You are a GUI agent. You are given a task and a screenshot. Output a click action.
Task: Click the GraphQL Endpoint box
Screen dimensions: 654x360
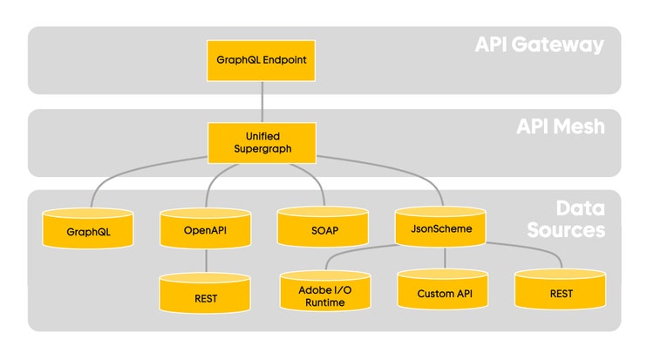(x=261, y=60)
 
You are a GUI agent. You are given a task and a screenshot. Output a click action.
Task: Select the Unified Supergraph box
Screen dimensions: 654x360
(x=262, y=143)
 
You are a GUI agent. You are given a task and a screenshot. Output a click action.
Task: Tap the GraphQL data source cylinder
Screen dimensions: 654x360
(x=88, y=228)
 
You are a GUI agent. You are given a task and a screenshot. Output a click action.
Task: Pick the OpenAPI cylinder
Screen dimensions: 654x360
(x=206, y=228)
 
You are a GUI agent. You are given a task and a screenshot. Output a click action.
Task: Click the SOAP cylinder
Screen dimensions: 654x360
(x=323, y=227)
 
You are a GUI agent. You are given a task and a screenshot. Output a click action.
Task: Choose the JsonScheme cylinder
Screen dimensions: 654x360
(x=440, y=226)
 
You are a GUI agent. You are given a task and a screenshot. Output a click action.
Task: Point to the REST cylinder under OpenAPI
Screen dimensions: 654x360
(x=205, y=293)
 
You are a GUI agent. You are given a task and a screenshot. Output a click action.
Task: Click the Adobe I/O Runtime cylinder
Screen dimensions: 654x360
(x=325, y=291)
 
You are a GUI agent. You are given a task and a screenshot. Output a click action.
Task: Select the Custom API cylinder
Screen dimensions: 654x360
(x=443, y=289)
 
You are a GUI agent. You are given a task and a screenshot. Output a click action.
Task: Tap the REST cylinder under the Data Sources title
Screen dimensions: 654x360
(x=561, y=289)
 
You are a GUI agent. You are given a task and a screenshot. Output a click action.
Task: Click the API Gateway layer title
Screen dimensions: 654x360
(x=540, y=44)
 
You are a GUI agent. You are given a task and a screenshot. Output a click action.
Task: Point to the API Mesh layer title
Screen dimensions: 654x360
(x=561, y=126)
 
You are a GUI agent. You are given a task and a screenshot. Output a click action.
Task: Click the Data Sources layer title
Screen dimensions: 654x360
(x=566, y=220)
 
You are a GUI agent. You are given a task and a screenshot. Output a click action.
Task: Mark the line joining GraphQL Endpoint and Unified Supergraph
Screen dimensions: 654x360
(x=262, y=101)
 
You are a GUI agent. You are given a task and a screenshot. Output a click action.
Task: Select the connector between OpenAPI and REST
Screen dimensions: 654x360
(x=206, y=261)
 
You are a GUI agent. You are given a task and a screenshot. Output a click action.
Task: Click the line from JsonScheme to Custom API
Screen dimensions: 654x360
(x=445, y=258)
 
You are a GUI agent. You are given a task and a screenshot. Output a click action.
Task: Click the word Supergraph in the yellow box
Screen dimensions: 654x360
(x=262, y=149)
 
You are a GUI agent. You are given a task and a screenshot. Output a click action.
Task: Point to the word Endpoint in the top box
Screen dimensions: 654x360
(x=284, y=60)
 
